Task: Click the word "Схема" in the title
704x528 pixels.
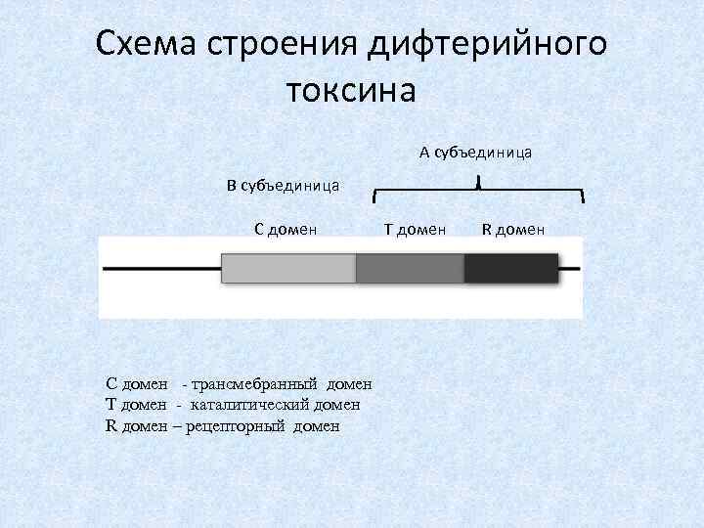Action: click(145, 44)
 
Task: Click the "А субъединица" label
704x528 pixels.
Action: click(475, 152)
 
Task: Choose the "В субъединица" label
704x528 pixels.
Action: click(284, 185)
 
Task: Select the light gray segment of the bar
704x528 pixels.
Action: click(288, 268)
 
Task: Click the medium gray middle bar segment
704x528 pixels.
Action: click(410, 268)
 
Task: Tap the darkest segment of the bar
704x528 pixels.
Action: click(510, 268)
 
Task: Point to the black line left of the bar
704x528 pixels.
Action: click(161, 268)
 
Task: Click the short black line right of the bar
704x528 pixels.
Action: click(570, 268)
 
